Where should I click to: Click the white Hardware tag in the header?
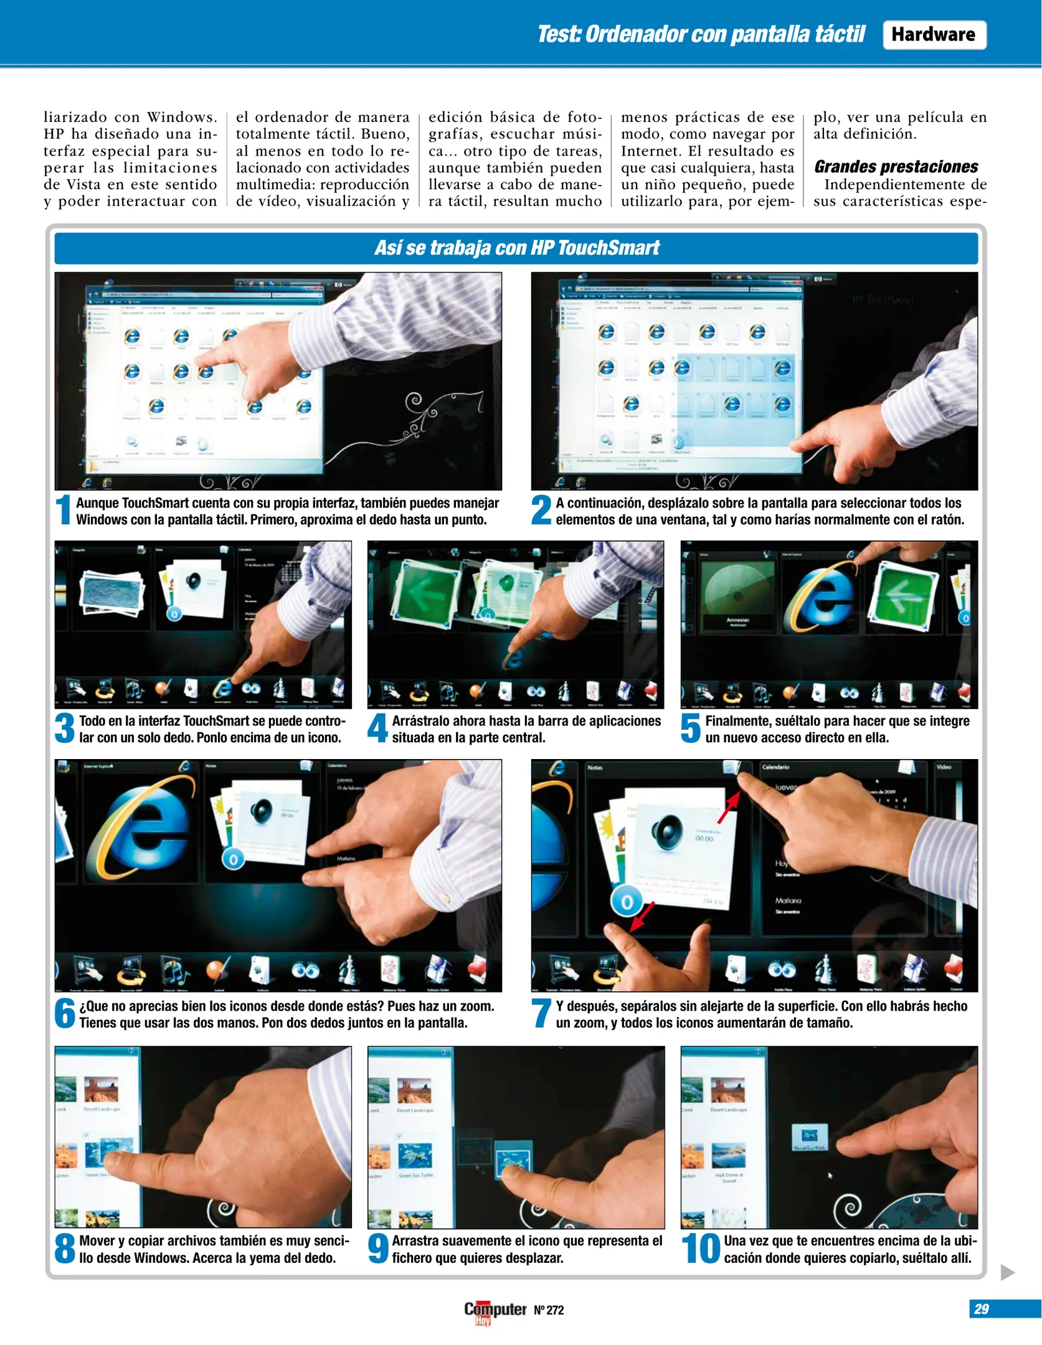click(x=934, y=35)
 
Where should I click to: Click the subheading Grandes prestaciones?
click(x=896, y=167)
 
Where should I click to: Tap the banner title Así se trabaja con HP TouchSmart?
click(x=516, y=248)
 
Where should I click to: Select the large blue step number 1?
click(x=64, y=510)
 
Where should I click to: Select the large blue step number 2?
click(x=541, y=510)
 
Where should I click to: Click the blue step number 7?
click(x=541, y=1013)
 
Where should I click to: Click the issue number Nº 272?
click(x=549, y=1310)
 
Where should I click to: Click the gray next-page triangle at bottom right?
click(x=1007, y=1272)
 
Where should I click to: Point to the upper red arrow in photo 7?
click(x=728, y=808)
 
